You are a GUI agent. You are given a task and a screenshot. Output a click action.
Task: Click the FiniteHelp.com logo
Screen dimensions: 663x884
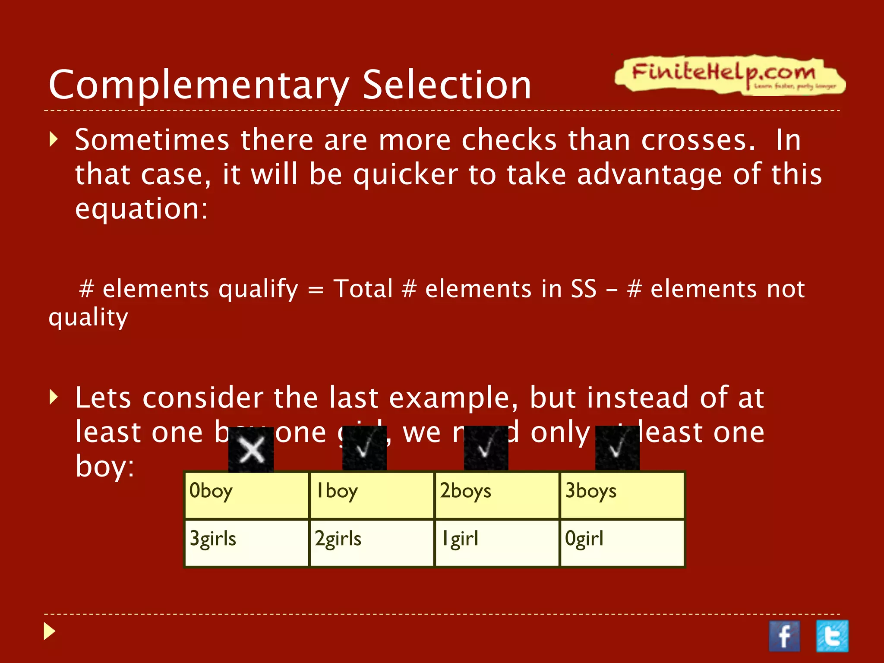point(729,74)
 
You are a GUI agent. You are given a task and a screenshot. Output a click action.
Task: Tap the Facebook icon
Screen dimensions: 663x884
point(784,636)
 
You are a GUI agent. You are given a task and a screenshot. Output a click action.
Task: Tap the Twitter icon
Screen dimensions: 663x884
point(832,636)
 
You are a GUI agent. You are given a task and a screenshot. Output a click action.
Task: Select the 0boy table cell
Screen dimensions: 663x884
point(247,495)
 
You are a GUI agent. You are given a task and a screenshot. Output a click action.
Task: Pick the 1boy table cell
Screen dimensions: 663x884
point(372,495)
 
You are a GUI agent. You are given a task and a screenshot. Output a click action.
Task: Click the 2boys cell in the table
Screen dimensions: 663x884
point(497,495)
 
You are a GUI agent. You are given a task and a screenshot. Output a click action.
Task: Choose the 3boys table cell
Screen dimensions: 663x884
point(622,495)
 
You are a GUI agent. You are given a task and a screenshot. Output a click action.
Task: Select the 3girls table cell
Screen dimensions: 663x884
point(247,543)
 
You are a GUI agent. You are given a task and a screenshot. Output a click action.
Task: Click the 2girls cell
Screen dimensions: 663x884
point(372,543)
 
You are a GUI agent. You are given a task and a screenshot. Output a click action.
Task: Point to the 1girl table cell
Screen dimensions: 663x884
point(497,543)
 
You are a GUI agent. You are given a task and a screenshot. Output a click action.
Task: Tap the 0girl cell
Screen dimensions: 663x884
point(622,543)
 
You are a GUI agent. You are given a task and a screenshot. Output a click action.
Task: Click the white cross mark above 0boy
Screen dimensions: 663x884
point(251,450)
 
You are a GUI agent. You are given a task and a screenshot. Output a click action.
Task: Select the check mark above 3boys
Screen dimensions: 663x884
point(617,448)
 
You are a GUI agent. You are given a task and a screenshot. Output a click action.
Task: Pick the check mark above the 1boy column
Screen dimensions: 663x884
point(364,448)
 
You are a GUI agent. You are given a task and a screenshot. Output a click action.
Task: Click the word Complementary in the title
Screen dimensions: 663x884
point(199,85)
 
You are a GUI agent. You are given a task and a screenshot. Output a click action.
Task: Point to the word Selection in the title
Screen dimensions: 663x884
point(446,85)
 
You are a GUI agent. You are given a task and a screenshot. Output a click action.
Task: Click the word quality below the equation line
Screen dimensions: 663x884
point(88,318)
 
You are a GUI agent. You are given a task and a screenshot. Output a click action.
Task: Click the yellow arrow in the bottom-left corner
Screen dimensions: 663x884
point(50,631)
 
